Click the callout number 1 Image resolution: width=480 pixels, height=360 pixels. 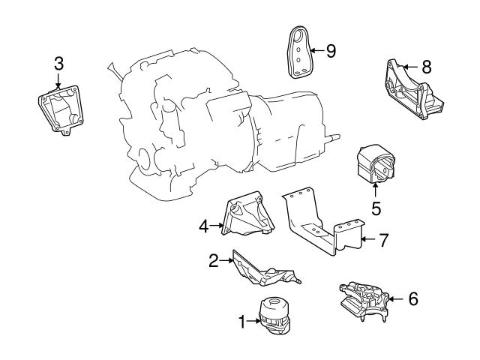(x=242, y=322)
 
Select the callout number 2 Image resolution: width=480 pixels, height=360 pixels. (x=213, y=260)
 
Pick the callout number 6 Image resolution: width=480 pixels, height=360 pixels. (x=412, y=298)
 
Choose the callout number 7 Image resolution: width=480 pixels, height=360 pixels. (x=383, y=241)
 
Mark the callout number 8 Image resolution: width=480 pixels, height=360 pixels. (x=426, y=66)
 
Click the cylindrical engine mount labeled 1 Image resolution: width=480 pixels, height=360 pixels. (x=274, y=319)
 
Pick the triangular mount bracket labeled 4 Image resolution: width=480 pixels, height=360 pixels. (x=248, y=217)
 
